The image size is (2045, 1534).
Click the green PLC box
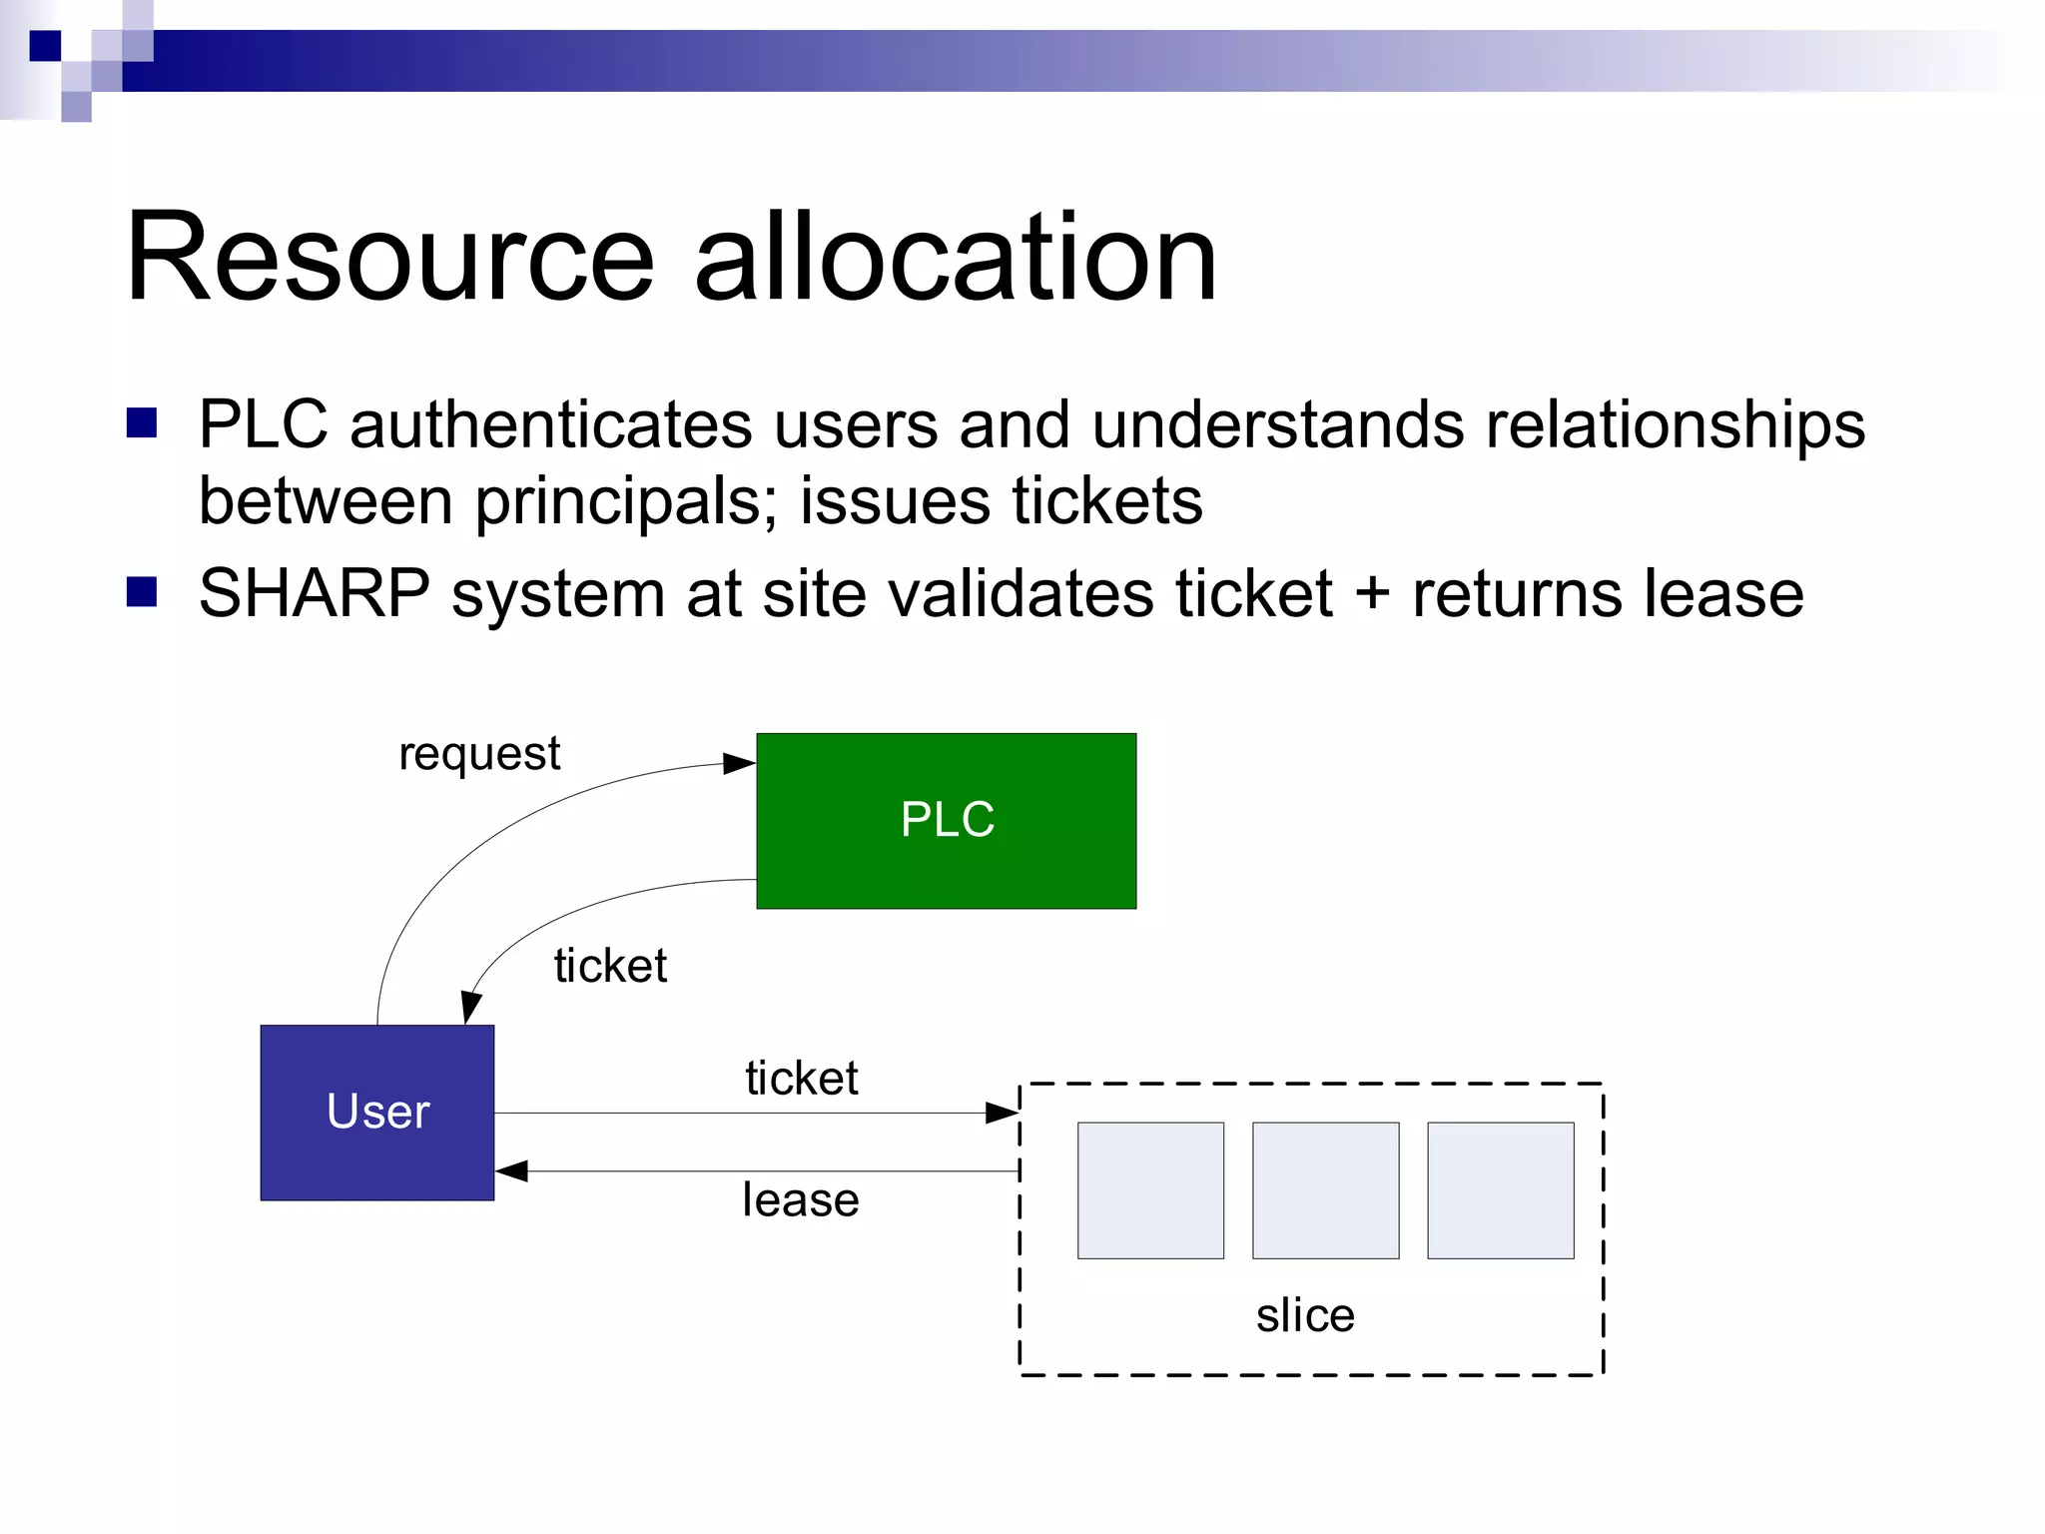point(946,821)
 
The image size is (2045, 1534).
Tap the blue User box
point(377,1113)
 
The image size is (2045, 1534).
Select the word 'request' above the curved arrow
point(479,754)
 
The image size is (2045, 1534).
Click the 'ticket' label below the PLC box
point(610,966)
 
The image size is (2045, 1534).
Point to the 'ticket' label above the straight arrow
point(801,1079)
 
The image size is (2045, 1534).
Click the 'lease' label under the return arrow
point(801,1199)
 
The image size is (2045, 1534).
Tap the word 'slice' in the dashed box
point(1305,1315)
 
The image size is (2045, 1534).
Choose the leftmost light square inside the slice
point(1150,1190)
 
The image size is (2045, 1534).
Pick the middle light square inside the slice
point(1325,1190)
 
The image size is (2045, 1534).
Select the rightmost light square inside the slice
point(1500,1190)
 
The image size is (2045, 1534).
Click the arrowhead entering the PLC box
point(740,764)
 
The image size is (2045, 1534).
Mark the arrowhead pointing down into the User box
point(470,1008)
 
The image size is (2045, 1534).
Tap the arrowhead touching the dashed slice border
point(1002,1113)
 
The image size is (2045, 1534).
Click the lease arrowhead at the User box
point(511,1170)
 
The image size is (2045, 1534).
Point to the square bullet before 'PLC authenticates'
point(142,423)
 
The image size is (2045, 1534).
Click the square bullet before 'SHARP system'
point(142,592)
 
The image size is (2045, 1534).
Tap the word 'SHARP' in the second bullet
point(315,593)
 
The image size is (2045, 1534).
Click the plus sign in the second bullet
point(1372,593)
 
